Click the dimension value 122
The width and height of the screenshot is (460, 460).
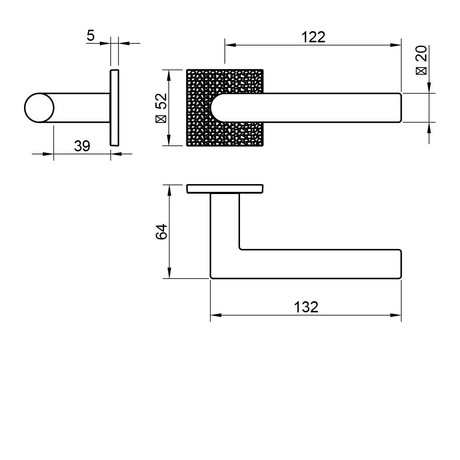(x=313, y=37)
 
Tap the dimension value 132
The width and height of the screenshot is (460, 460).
(x=306, y=307)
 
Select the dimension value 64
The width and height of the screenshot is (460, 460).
(x=161, y=231)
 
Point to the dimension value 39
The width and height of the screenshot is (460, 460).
(x=82, y=146)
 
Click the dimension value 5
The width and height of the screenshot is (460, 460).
(x=91, y=35)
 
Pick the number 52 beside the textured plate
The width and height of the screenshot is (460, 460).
(x=161, y=101)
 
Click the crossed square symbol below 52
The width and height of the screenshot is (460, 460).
(x=161, y=119)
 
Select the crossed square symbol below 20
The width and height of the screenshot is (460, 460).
(x=421, y=71)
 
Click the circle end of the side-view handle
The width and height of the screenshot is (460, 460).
(x=39, y=108)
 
